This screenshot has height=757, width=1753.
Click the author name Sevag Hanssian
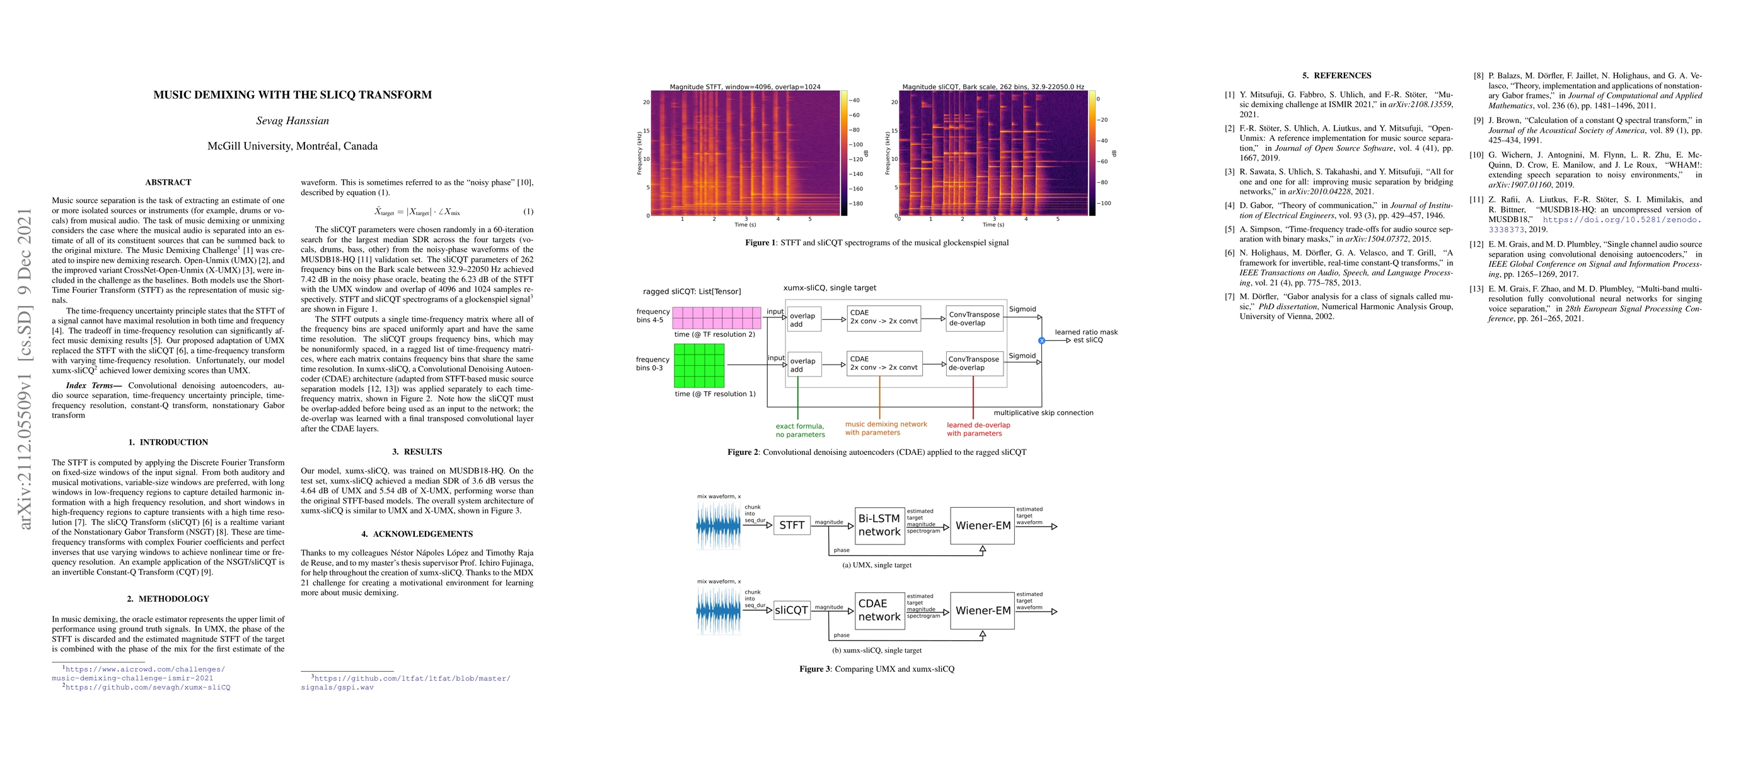coord(292,121)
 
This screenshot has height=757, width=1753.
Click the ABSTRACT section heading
coord(168,182)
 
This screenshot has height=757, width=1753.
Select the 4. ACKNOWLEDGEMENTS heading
coord(417,534)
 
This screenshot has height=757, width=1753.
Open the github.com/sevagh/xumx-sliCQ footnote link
coord(148,688)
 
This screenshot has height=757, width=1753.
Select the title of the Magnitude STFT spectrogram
coord(744,87)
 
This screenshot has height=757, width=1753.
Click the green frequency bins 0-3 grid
coord(699,365)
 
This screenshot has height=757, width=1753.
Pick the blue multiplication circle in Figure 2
coord(1041,341)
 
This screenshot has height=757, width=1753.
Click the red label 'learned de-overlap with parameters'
coord(978,429)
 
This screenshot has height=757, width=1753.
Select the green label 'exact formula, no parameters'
coord(800,430)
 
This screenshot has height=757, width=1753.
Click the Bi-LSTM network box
coord(879,525)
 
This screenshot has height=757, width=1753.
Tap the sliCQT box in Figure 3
coord(792,611)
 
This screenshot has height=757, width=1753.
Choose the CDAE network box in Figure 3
coord(879,611)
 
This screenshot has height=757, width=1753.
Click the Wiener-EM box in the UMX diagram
coord(983,525)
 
